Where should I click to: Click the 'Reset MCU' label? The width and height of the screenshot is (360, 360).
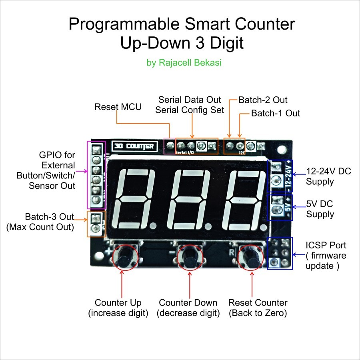coord(118,107)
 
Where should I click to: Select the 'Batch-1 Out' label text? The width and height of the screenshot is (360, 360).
coord(275,113)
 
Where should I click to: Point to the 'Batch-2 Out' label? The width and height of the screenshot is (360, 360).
coord(263,100)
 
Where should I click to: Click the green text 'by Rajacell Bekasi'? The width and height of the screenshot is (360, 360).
coord(184,63)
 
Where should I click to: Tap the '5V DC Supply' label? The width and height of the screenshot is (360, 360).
coord(320,209)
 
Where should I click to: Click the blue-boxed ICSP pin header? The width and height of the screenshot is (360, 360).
coord(280,253)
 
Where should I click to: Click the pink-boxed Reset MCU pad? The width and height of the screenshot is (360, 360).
coord(170,146)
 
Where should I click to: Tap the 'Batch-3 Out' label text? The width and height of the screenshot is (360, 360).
coord(49,217)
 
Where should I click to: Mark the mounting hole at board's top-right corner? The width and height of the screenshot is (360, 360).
coord(282,150)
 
